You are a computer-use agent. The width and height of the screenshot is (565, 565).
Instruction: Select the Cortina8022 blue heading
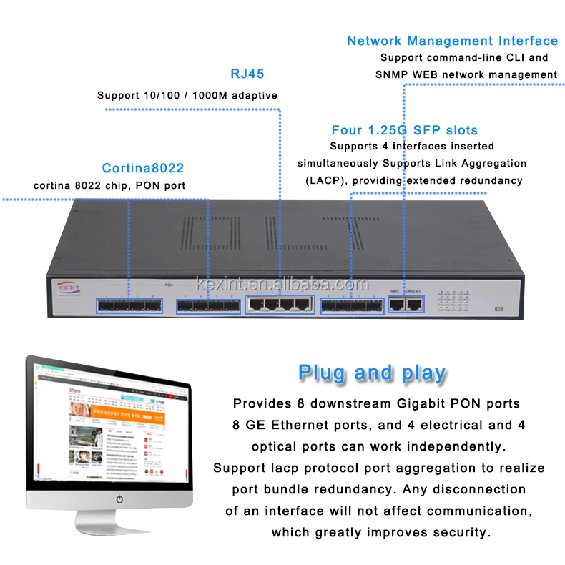(143, 169)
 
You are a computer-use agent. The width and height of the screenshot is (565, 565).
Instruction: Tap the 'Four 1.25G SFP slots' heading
(404, 130)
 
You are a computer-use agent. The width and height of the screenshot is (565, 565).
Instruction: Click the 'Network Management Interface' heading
(452, 41)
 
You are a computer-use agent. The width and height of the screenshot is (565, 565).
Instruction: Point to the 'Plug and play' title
(372, 373)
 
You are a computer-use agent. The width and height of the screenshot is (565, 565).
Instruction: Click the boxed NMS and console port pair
(406, 304)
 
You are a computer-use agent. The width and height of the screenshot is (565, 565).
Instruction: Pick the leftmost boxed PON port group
(129, 306)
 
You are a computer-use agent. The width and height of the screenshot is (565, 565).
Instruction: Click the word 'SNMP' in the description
(394, 74)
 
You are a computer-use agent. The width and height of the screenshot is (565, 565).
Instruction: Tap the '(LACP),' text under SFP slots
(325, 180)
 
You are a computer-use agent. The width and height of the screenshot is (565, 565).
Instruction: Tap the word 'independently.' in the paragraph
(465, 446)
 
